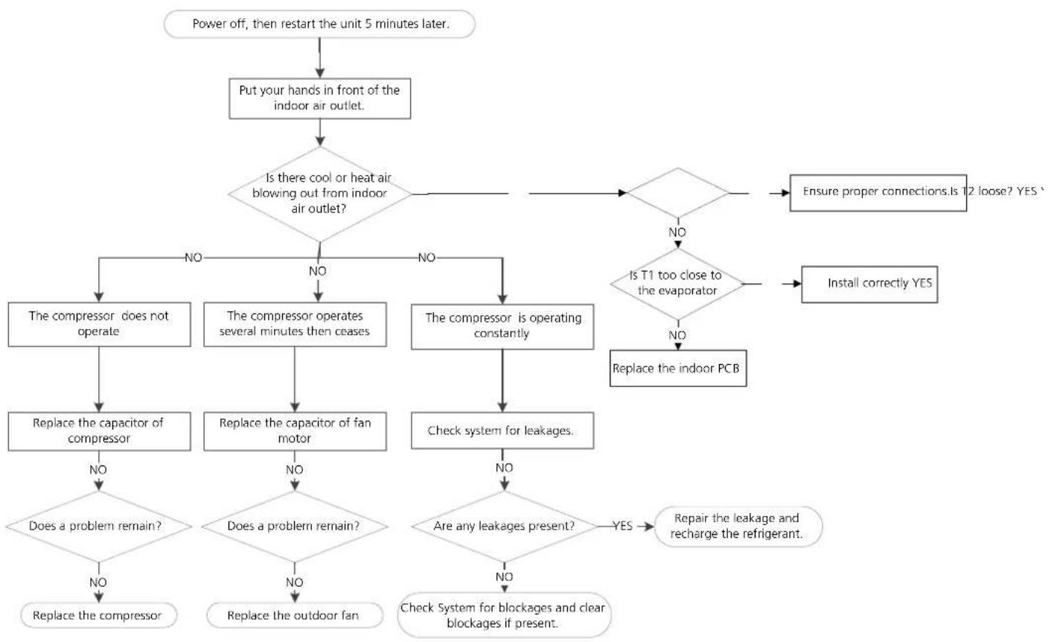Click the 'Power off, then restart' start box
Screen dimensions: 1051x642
click(x=319, y=24)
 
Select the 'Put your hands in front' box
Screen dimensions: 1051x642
click(x=319, y=98)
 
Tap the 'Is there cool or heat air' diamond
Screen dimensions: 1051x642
click(x=320, y=194)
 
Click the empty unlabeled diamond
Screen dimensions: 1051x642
click(x=678, y=193)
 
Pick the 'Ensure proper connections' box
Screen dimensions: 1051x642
click(x=878, y=193)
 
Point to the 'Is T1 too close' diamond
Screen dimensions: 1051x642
click(x=677, y=284)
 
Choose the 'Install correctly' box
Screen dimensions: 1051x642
click(x=869, y=284)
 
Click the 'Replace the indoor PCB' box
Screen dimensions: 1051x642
click(x=678, y=368)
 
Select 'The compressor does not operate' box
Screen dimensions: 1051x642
click(x=99, y=324)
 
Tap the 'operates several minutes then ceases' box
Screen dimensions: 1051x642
click(x=295, y=324)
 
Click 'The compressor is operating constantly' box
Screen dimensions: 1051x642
click(x=502, y=326)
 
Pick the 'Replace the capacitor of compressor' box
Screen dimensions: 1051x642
click(x=99, y=431)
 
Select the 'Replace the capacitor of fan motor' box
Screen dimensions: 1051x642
click(x=295, y=431)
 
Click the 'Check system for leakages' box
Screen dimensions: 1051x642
click(x=502, y=430)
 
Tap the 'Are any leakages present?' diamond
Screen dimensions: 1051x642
click(x=505, y=526)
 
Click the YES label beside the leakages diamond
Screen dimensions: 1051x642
click(x=622, y=526)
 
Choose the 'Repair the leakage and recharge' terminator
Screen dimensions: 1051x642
click(x=738, y=527)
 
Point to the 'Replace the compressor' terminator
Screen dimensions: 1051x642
click(x=98, y=615)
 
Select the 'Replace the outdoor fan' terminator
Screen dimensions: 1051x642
click(x=295, y=615)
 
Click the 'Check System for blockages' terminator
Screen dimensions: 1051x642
click(x=504, y=615)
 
